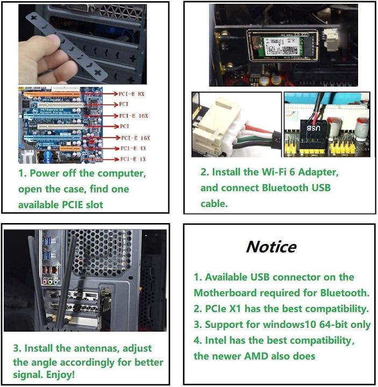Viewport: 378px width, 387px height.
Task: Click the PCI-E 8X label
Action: (x=132, y=94)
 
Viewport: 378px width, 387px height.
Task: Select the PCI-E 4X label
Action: (x=132, y=148)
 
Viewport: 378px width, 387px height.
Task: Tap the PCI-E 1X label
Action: (x=132, y=159)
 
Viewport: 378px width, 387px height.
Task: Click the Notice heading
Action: (x=271, y=247)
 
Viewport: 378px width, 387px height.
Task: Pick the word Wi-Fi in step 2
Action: (x=275, y=173)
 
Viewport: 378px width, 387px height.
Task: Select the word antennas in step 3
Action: (x=99, y=348)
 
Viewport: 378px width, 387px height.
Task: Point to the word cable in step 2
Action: (x=214, y=204)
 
